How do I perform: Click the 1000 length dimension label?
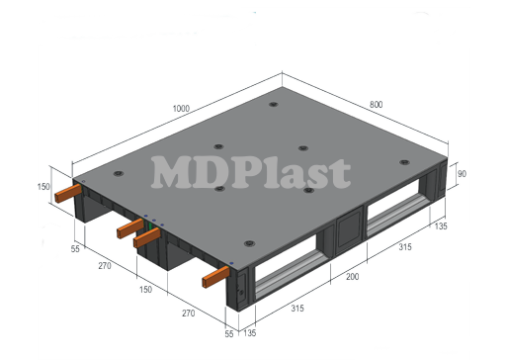(x=180, y=108)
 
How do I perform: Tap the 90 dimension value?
(x=461, y=175)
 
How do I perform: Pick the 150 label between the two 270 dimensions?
(x=144, y=291)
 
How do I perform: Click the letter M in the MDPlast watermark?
(x=170, y=172)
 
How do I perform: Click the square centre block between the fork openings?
(x=347, y=232)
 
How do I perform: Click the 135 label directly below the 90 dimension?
(x=441, y=226)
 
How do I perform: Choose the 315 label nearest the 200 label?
(x=403, y=246)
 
